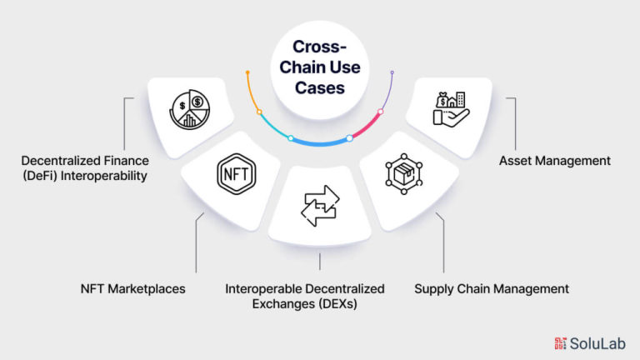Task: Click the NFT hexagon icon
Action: pos(237,174)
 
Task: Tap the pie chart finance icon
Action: pos(190,109)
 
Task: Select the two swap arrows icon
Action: pos(320,206)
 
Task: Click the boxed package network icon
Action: pos(403,174)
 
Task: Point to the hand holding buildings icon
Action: pos(451,109)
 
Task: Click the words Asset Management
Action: pos(555,161)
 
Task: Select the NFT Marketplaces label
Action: pos(132,289)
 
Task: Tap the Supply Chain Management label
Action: pos(492,289)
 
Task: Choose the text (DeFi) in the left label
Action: pos(40,176)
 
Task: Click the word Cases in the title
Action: pos(320,87)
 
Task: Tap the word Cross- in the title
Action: pos(320,47)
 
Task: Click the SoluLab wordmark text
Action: pos(597,343)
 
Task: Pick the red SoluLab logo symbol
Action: pos(560,343)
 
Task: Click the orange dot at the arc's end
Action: pos(247,72)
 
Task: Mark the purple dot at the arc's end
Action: pos(392,72)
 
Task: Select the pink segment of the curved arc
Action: pos(366,126)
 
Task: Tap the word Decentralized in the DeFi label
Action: pos(57,161)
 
